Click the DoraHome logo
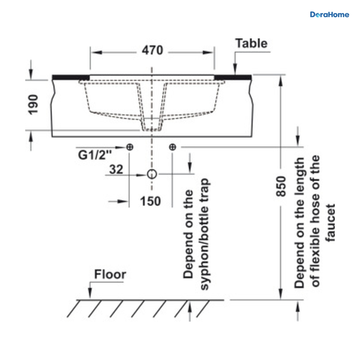pos(329,15)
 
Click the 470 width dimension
pos(152,50)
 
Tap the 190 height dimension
pos(33,105)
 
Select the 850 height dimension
pos(281,186)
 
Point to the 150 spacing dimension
pos(150,201)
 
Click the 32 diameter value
pos(116,169)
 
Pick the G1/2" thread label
pos(95,155)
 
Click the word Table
pos(252,43)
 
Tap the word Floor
pos(110,274)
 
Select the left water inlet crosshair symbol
pos(130,147)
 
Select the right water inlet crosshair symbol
pos(172,147)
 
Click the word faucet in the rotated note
pos(330,223)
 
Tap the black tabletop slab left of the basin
pos(70,77)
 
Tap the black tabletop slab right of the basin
pos(233,77)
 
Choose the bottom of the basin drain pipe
pos(151,130)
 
